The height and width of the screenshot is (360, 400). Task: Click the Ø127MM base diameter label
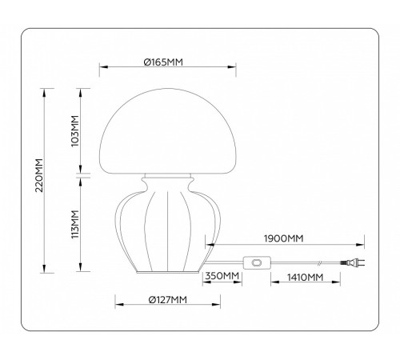[167, 299]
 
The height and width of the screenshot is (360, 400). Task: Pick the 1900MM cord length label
[282, 237]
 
